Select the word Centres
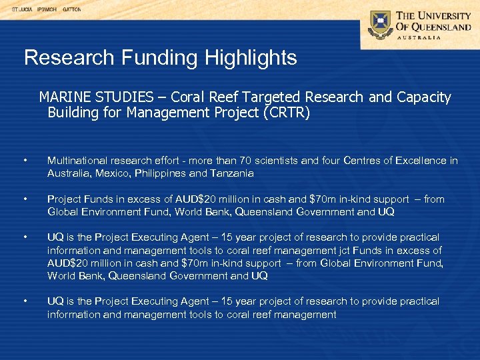click(359, 161)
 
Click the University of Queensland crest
click(379, 25)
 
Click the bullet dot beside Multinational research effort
click(24, 161)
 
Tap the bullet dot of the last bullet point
click(24, 301)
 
